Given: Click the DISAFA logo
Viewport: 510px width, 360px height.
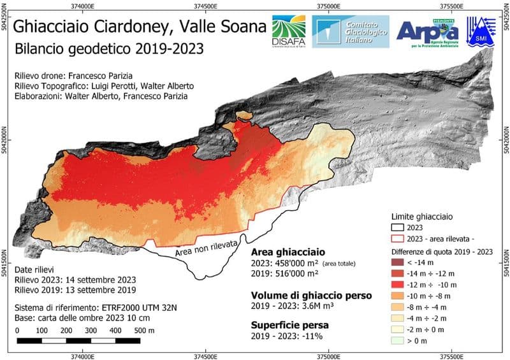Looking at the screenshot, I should [288, 31].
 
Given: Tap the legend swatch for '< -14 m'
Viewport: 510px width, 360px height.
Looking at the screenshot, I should [400, 261].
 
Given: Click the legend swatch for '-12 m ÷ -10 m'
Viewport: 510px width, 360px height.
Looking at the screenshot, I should [400, 282].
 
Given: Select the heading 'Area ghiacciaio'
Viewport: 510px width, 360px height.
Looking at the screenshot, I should [289, 251].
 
